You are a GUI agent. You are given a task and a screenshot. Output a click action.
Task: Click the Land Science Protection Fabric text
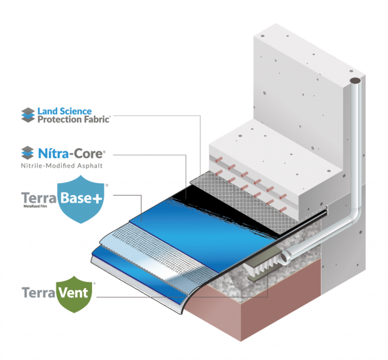point(73,115)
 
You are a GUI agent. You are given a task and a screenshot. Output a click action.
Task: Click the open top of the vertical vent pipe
point(356,80)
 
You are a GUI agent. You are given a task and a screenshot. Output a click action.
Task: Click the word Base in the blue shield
point(76,198)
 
